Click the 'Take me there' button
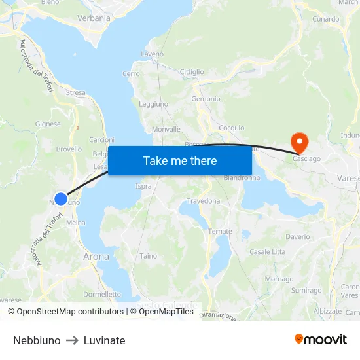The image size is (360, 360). [180, 160]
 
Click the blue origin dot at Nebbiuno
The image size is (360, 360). [61, 198]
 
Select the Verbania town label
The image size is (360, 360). [94, 18]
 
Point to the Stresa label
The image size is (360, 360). [75, 93]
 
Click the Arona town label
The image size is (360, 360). [96, 257]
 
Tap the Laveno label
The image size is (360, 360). [152, 54]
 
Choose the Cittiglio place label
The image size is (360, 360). [192, 72]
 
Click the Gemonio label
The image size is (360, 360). [206, 99]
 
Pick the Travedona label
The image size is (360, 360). [204, 201]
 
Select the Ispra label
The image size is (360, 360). [143, 187]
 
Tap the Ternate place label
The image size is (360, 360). [220, 232]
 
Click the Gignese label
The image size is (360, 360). [48, 124]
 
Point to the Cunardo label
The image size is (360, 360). [325, 20]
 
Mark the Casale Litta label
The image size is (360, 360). [267, 252]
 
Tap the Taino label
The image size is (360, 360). [149, 256]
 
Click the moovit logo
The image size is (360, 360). [321, 340]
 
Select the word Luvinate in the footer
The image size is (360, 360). [104, 340]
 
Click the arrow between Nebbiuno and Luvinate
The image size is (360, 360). [72, 340]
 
